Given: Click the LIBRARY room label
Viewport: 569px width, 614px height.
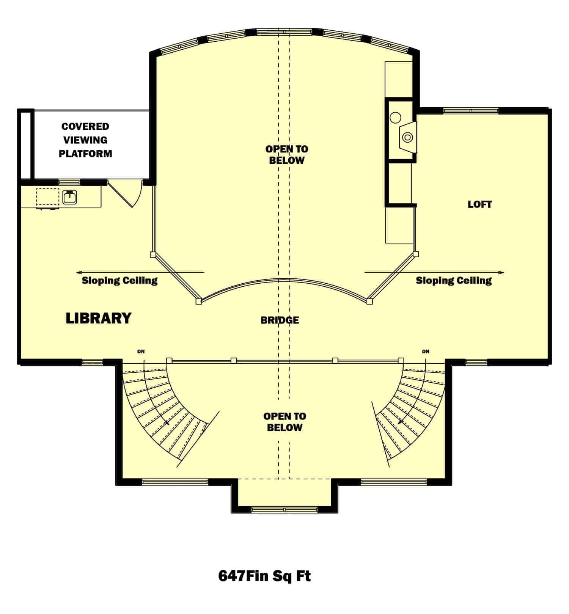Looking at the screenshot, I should tap(99, 318).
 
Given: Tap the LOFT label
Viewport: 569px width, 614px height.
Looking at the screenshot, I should tap(479, 204).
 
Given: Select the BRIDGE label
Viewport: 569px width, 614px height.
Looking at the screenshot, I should tap(280, 320).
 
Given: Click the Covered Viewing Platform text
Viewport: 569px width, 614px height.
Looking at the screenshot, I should tap(85, 140).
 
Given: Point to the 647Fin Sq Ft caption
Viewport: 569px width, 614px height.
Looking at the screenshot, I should tap(264, 576).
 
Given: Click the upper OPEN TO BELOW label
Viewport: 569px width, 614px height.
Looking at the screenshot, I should tap(286, 154).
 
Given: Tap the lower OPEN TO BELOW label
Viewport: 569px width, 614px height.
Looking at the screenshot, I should tap(284, 422).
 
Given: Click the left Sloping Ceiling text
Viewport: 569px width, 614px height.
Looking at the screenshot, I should tap(119, 281).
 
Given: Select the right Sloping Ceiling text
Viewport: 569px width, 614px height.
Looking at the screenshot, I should tap(453, 281).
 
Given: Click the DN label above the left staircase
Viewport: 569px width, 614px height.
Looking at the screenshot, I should tap(141, 352).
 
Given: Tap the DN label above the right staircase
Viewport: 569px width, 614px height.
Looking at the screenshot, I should tap(426, 352).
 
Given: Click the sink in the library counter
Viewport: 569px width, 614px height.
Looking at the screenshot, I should tap(70, 197).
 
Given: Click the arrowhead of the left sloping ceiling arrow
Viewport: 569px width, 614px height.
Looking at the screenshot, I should tap(78, 272).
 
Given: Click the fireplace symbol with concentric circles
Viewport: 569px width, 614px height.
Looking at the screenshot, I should tap(407, 137).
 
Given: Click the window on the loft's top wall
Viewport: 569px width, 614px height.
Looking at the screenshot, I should tap(470, 111).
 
